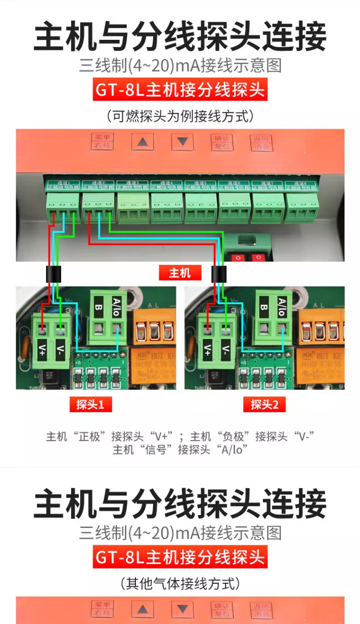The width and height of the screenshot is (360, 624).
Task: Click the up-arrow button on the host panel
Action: pyautogui.click(x=143, y=142)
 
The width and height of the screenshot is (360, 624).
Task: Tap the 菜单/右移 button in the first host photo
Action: pyautogui.click(x=102, y=142)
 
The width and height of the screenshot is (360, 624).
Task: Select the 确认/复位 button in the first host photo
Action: pyautogui.click(x=222, y=142)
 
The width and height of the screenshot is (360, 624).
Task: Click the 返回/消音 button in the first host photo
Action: pyautogui.click(x=262, y=142)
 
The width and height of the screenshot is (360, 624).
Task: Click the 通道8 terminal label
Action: pyautogui.click(x=301, y=185)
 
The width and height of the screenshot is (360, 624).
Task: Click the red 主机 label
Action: pyautogui.click(x=180, y=273)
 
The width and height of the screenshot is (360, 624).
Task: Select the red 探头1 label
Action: pyautogui.click(x=90, y=405)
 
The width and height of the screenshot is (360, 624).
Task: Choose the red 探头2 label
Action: pyautogui.click(x=264, y=405)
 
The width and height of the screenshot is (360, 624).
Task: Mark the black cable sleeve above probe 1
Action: pyautogui.click(x=54, y=274)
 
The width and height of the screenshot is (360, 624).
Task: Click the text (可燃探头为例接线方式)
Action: pyautogui.click(x=180, y=116)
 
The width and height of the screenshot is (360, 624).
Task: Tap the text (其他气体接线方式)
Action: pyautogui.click(x=180, y=584)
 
